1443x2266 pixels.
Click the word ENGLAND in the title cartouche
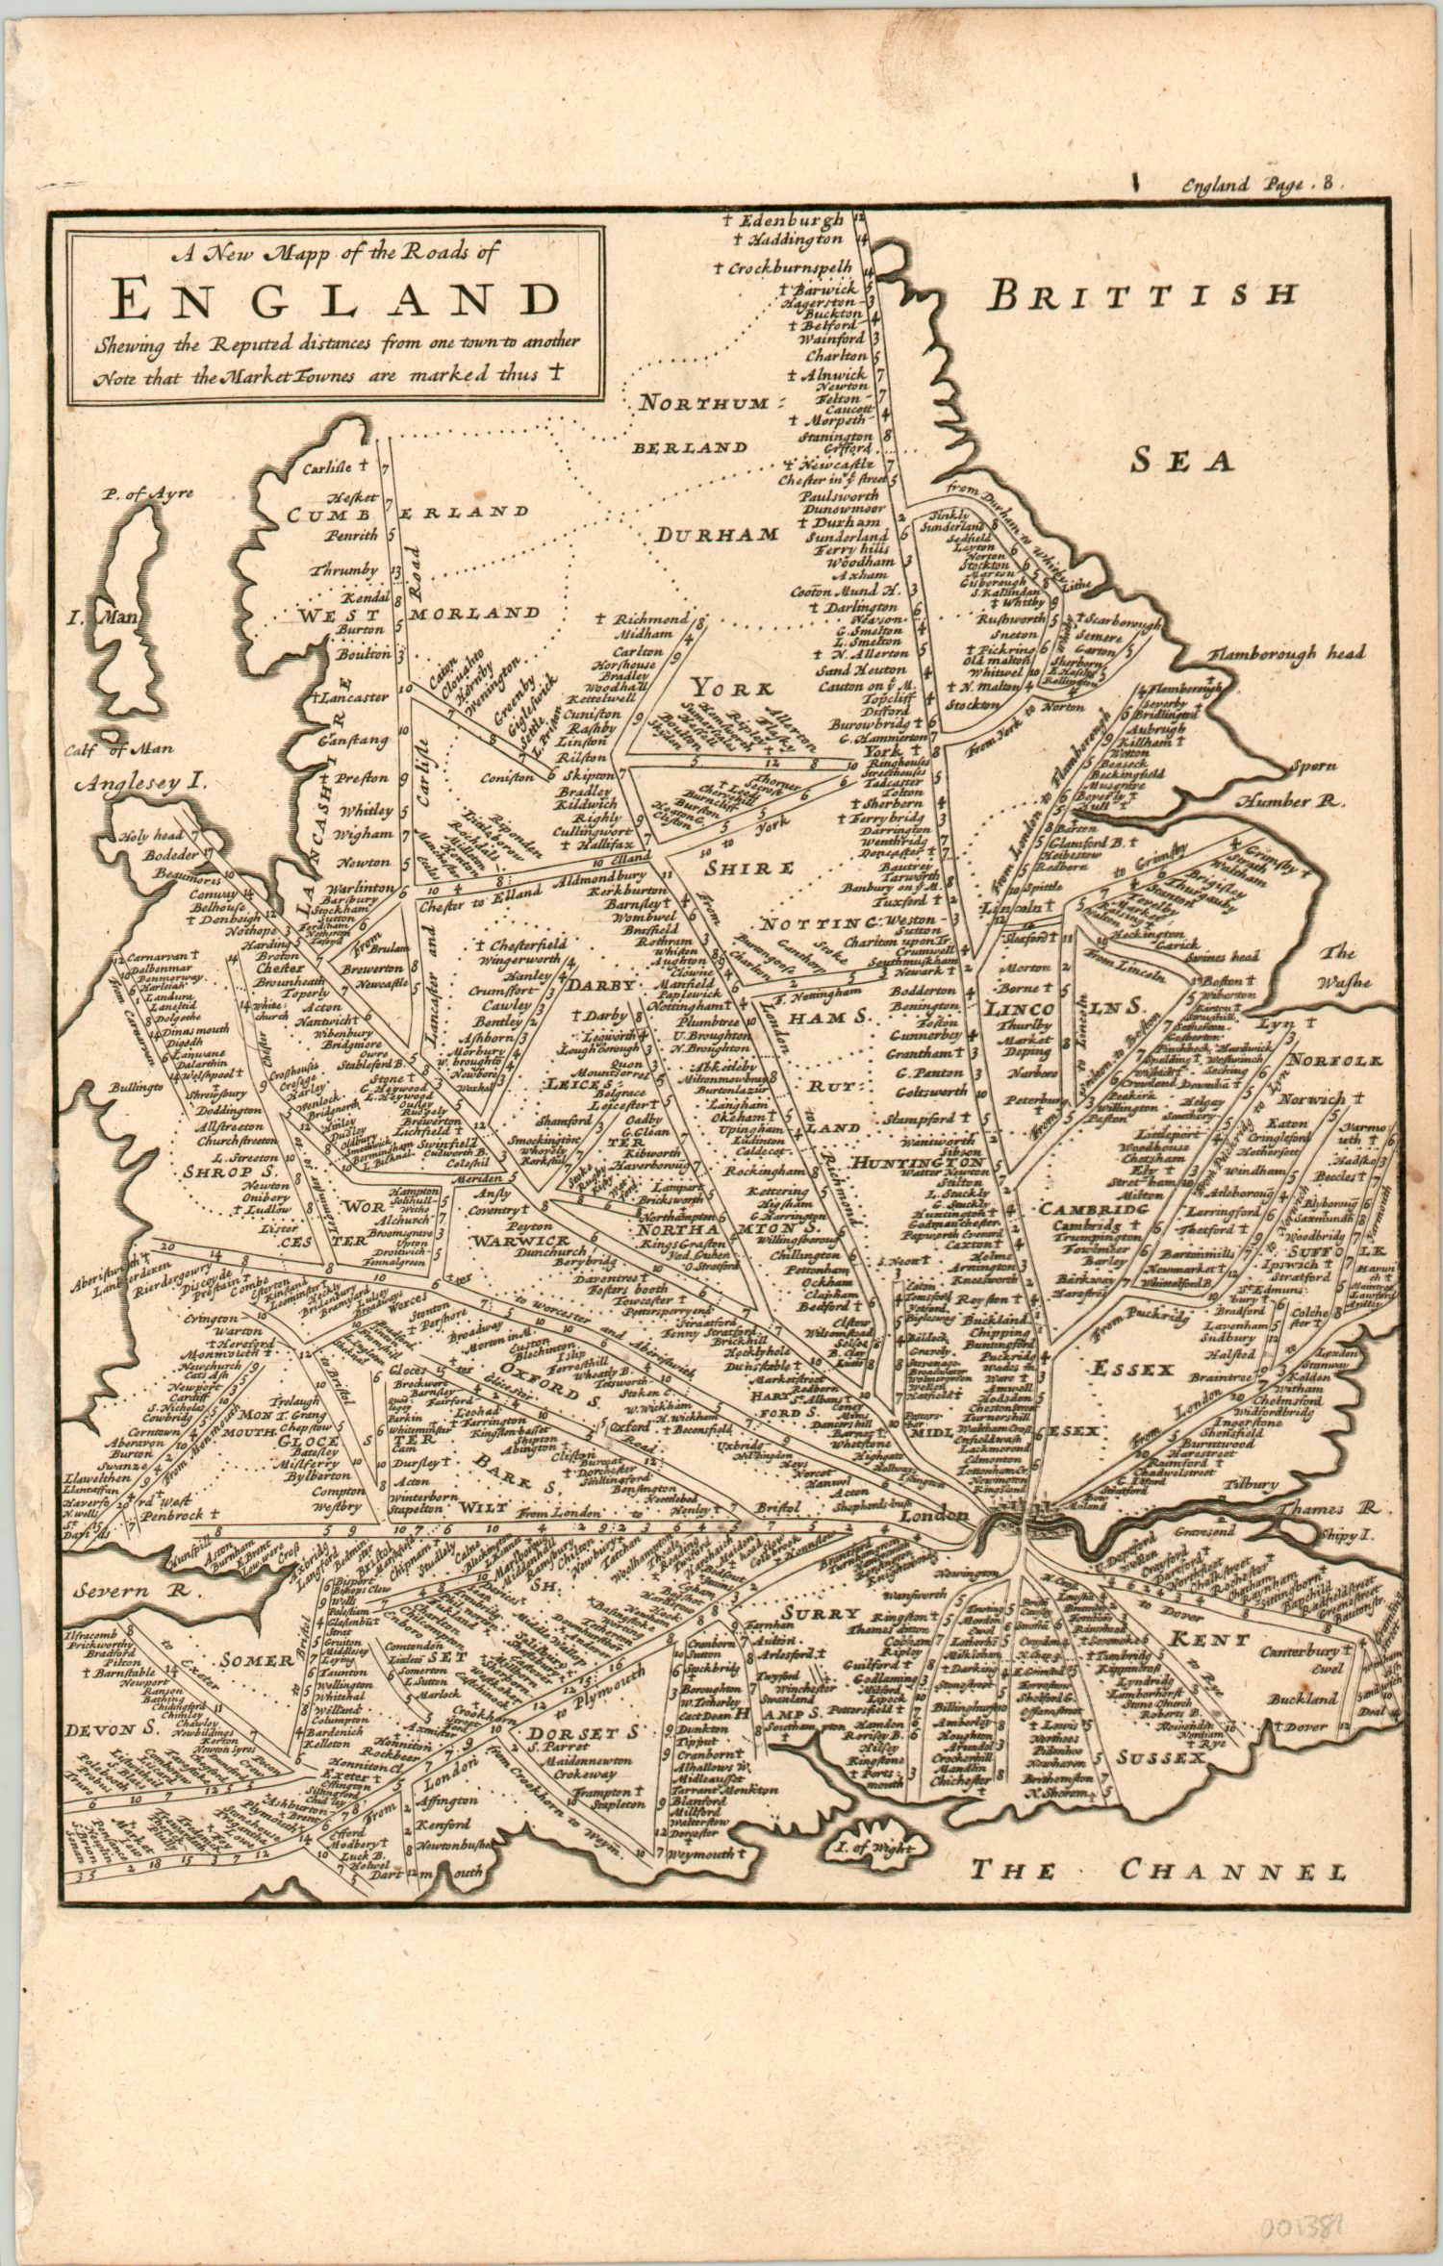(x=335, y=299)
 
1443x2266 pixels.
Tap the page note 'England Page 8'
(x=1258, y=184)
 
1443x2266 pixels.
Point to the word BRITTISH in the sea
(x=1140, y=295)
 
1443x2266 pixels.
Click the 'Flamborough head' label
(x=1287, y=654)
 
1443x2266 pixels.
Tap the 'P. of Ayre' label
(x=150, y=494)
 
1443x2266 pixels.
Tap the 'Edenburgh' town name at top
(x=795, y=220)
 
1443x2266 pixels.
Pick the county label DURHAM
(x=717, y=535)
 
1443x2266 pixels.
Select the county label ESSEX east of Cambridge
(x=1131, y=1368)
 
